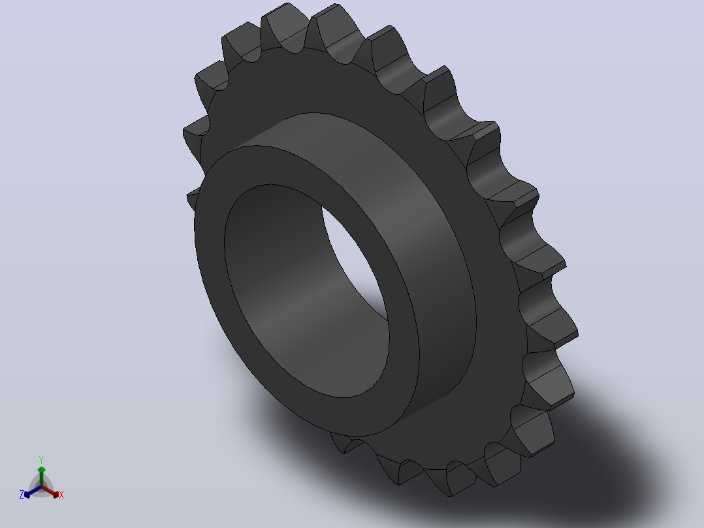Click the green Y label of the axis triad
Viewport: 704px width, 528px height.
(41, 459)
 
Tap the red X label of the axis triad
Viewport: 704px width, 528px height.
(61, 495)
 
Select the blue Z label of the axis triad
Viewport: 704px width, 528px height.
(21, 495)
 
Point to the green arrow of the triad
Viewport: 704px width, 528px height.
(41, 476)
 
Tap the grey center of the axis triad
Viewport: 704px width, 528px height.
(41, 487)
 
